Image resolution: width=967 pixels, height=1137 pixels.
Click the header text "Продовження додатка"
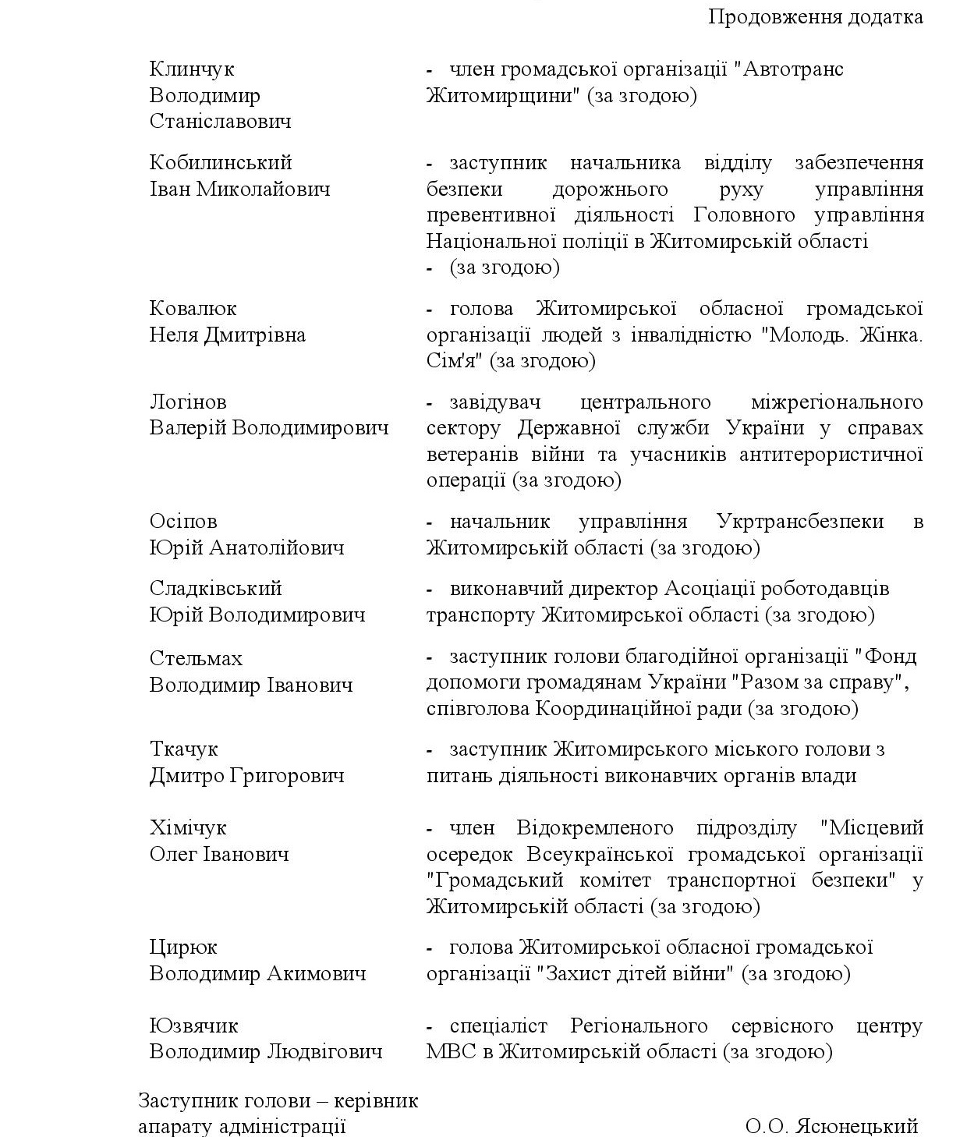point(815,16)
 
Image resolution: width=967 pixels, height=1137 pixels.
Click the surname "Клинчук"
point(192,69)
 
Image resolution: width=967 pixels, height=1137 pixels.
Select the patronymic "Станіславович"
point(220,122)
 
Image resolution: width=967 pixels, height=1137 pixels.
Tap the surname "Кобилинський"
point(221,163)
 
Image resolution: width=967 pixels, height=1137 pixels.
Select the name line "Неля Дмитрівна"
point(227,335)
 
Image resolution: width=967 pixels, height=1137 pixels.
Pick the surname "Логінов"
point(188,402)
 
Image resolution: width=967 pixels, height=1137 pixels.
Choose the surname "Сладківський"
point(215,589)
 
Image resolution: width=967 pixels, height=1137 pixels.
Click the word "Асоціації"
point(707,589)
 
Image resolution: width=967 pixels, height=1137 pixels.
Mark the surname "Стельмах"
point(196,659)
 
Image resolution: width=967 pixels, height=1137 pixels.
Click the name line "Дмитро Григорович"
point(246,776)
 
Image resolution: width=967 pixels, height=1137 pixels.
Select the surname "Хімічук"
point(188,828)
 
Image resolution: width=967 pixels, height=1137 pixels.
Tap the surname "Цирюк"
point(183,947)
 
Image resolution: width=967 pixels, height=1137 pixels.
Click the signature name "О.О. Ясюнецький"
point(831,1126)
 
